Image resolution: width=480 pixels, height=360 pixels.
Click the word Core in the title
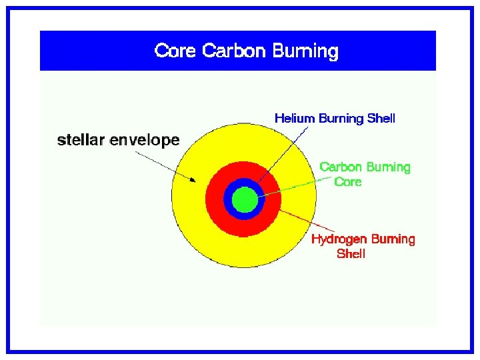click(176, 51)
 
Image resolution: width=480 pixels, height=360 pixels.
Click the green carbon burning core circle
click(245, 199)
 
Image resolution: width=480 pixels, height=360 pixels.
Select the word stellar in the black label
click(81, 140)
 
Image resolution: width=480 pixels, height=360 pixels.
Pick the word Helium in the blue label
click(295, 119)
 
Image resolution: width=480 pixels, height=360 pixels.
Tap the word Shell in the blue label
click(381, 119)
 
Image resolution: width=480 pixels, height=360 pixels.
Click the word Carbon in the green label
click(341, 167)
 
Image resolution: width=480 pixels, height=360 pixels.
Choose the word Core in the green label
click(347, 181)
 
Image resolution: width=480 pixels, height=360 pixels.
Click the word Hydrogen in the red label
click(339, 239)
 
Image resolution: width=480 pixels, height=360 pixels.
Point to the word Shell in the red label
click(351, 254)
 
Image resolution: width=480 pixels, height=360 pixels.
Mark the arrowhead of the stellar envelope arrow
click(193, 179)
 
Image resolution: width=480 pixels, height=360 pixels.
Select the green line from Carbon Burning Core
click(293, 185)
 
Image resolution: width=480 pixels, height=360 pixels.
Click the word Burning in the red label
click(393, 239)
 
